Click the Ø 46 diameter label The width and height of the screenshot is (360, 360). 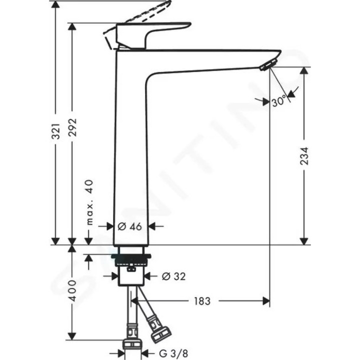coord(130,226)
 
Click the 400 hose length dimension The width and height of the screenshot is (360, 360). coord(72,290)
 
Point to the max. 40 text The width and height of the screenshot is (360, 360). coord(90,202)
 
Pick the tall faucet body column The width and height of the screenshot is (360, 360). coord(131,150)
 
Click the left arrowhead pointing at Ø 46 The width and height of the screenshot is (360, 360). coord(111,226)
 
